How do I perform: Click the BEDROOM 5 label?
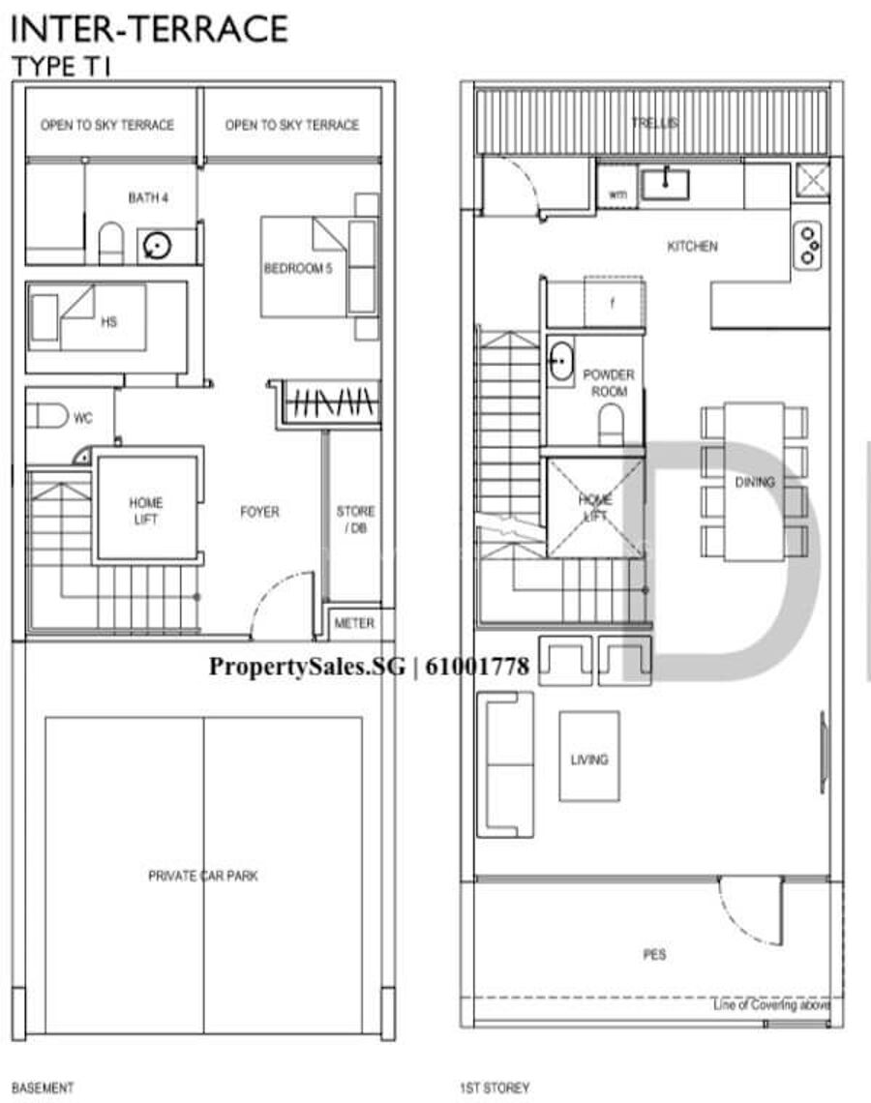(298, 268)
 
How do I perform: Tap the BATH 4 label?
(148, 197)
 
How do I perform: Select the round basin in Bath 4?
(156, 246)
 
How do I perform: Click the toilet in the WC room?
(47, 416)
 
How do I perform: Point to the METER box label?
(354, 623)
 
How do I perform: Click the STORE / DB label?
(355, 520)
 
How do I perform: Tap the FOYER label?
(259, 512)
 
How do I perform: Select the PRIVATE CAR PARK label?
(202, 876)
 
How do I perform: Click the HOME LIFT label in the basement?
(145, 511)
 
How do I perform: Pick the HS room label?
(109, 322)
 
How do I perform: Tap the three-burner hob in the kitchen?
(808, 246)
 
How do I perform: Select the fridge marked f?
(613, 303)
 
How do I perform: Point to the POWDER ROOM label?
(609, 383)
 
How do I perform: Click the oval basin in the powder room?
(560, 361)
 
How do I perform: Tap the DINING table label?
(755, 482)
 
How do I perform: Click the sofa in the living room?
(504, 764)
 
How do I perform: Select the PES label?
(654, 955)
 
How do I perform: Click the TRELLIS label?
(654, 123)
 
